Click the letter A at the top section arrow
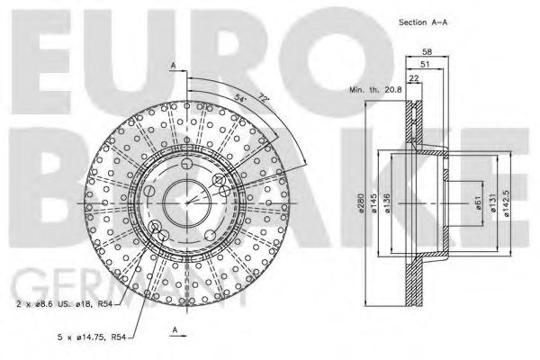172,65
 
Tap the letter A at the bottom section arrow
172,330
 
